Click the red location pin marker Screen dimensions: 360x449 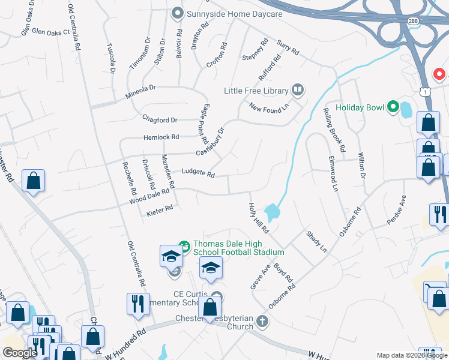point(439,75)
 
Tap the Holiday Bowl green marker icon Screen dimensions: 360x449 point(393,107)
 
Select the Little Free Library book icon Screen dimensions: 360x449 point(297,90)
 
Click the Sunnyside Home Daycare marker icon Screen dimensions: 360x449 point(177,13)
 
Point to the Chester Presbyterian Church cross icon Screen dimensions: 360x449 point(262,322)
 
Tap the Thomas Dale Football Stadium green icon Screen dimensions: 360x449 point(185,245)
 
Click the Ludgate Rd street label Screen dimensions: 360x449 point(198,173)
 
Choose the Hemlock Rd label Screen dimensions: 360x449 point(161,137)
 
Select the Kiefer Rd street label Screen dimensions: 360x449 point(160,209)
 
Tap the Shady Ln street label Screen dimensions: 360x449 point(316,241)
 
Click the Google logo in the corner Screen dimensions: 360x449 point(20,353)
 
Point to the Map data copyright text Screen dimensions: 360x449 point(411,355)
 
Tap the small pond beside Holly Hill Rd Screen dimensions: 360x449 point(271,211)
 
